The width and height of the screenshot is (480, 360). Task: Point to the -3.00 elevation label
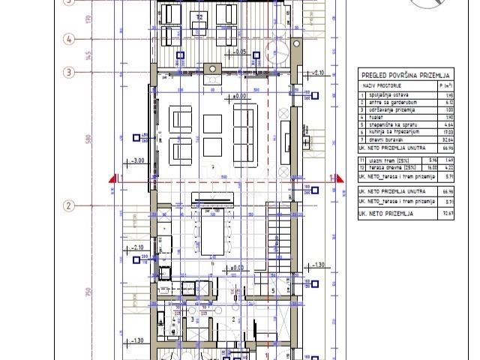point(138,160)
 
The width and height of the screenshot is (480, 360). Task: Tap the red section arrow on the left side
point(112,178)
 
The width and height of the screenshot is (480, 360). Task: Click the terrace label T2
point(199,15)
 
